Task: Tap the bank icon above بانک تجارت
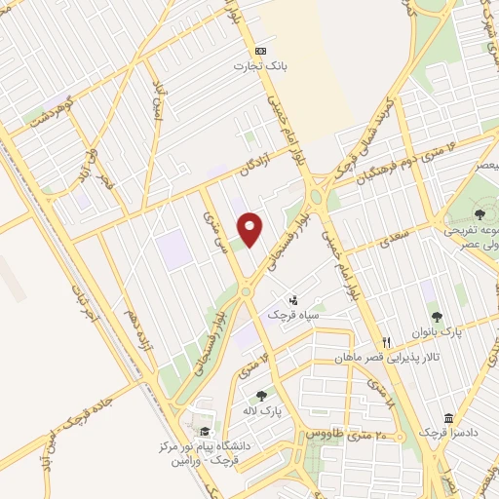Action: tap(259, 51)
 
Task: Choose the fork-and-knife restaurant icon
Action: tap(387, 342)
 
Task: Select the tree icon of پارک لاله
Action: tap(261, 396)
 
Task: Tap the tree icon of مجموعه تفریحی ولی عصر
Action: tap(480, 213)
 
